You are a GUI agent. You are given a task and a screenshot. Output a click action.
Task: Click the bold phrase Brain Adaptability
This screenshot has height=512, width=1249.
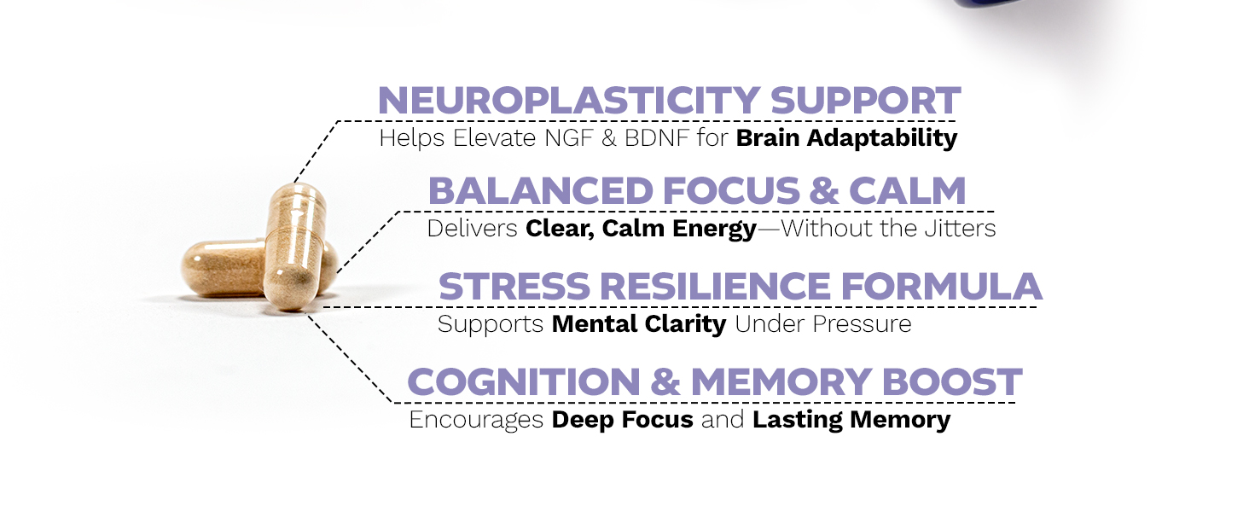click(846, 138)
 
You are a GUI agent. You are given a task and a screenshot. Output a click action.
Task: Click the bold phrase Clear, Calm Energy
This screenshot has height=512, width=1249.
click(641, 230)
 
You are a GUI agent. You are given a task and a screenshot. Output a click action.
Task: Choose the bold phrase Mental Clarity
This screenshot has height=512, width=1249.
click(639, 324)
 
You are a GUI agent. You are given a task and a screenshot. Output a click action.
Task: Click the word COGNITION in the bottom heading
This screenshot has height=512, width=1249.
click(523, 382)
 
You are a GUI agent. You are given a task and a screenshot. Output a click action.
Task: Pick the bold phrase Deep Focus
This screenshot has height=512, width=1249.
click(623, 421)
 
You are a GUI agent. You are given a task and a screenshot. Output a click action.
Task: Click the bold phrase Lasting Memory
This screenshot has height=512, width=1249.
click(851, 421)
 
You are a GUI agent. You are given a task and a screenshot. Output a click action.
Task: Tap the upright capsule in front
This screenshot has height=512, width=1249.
click(292, 247)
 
